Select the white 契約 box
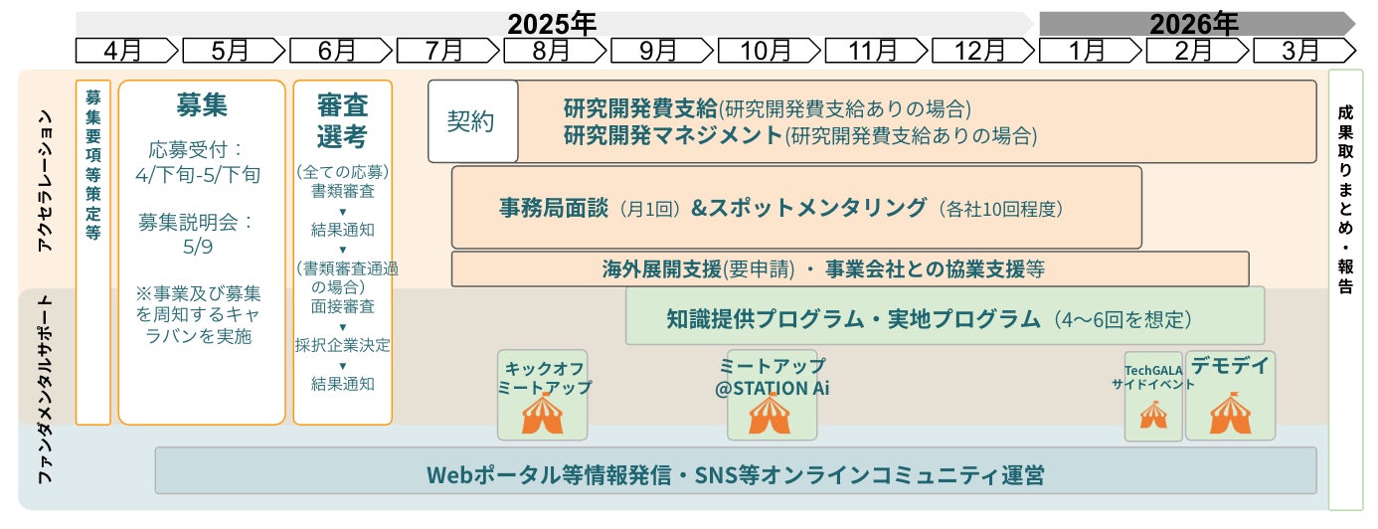(x=472, y=121)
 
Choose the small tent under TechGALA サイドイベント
(x=1153, y=415)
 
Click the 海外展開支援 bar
(x=849, y=268)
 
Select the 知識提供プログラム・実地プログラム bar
(x=945, y=318)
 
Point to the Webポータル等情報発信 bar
(x=736, y=473)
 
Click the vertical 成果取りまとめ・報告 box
(x=1345, y=288)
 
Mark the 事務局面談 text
(x=558, y=208)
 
